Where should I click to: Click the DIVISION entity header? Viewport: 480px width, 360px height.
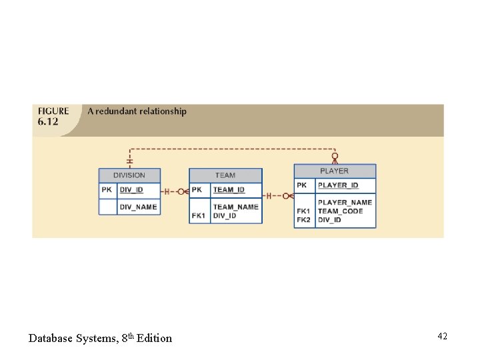(129, 175)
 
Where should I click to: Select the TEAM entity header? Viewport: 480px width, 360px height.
(225, 175)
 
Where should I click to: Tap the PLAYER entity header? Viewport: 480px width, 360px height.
(335, 171)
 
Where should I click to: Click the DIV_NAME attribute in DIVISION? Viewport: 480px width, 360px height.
(138, 207)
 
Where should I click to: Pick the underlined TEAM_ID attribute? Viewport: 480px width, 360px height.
(229, 190)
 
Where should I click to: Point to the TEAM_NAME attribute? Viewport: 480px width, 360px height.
(235, 207)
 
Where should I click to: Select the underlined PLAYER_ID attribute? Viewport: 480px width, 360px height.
(338, 185)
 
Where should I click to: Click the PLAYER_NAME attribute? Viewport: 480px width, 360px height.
(345, 202)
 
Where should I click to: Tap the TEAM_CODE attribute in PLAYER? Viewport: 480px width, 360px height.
(340, 211)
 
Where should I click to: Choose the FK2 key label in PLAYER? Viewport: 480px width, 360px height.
(303, 219)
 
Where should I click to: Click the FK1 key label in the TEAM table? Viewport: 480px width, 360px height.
(199, 216)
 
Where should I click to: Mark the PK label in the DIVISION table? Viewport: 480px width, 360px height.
(107, 190)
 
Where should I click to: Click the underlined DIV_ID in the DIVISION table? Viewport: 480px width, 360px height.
(131, 190)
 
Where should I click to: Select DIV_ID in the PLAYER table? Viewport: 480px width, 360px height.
(329, 219)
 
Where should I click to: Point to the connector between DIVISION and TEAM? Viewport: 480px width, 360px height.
(175, 191)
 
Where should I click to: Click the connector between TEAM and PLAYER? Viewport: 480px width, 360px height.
(278, 196)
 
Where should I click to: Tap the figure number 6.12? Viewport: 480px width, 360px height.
(48, 122)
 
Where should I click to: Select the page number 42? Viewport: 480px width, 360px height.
(442, 337)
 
